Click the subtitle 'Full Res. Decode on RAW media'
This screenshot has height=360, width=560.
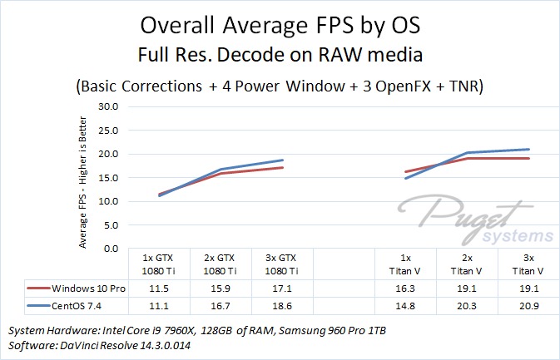tap(280, 56)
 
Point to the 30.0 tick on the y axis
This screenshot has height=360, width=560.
tap(109, 107)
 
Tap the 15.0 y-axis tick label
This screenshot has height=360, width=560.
tap(109, 178)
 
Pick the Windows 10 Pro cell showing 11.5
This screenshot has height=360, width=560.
tap(159, 288)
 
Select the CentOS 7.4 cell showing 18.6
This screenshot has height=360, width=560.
tap(284, 305)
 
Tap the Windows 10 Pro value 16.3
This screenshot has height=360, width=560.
tap(405, 288)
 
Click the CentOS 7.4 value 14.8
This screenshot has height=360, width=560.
tap(405, 305)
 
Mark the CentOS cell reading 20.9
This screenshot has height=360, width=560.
tap(528, 305)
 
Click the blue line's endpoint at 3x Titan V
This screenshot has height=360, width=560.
tap(528, 150)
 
